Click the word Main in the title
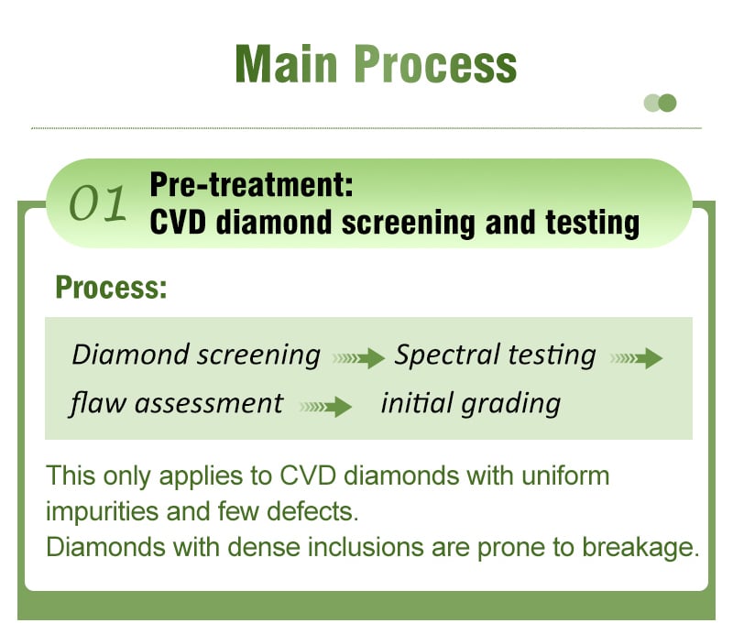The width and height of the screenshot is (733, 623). pyautogui.click(x=286, y=64)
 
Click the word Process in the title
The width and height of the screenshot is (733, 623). pyautogui.click(x=435, y=64)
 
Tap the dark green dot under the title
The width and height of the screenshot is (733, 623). pyautogui.click(x=667, y=103)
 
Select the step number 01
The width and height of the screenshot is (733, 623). pyautogui.click(x=97, y=203)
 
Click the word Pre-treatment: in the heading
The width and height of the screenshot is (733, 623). pyautogui.click(x=251, y=185)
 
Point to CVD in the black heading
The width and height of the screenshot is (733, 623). pyautogui.click(x=178, y=222)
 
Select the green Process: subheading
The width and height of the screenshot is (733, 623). pyautogui.click(x=111, y=287)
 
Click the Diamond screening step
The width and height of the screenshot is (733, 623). pyautogui.click(x=196, y=355)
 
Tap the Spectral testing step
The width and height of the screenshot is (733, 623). pyautogui.click(x=495, y=355)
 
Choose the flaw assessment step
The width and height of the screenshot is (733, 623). pyautogui.click(x=177, y=403)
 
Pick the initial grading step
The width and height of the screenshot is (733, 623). pyautogui.click(x=471, y=403)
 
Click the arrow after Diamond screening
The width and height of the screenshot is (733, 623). pyautogui.click(x=358, y=358)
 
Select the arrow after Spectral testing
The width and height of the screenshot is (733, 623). pyautogui.click(x=636, y=358)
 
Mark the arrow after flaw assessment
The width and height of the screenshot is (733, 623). pyautogui.click(x=325, y=407)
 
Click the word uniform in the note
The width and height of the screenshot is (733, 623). pyautogui.click(x=565, y=475)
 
